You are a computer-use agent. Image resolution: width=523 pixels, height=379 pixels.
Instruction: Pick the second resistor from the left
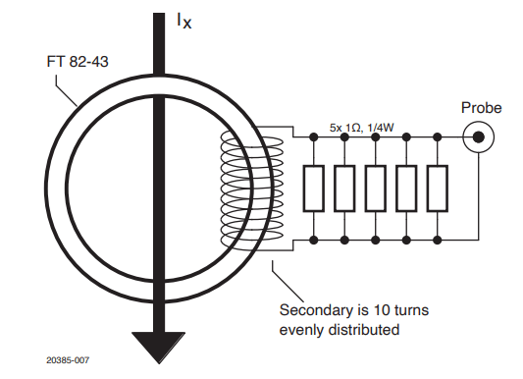point(345,188)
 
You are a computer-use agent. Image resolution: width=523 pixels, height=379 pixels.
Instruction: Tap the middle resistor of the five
point(377,188)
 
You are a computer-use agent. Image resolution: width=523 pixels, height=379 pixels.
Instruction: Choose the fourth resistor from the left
point(407,188)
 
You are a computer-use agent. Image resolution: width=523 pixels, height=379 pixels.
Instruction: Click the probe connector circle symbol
point(478,137)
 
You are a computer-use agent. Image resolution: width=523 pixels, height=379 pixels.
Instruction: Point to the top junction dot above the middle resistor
point(377,137)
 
